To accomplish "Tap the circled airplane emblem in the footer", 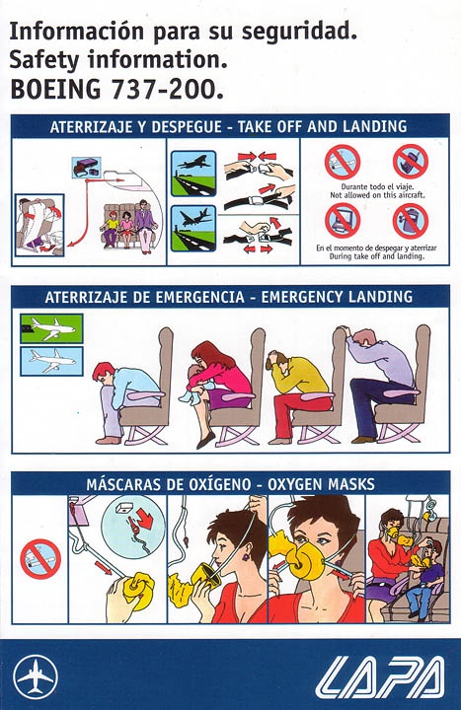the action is coord(36,676).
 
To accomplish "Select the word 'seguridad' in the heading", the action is coord(299,33).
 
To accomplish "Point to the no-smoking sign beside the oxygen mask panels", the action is coord(40,558).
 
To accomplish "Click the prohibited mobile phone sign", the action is coord(411,162).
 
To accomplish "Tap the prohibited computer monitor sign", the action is coord(343,221).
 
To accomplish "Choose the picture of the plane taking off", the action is coord(193,174).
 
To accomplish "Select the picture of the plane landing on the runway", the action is coord(193,229).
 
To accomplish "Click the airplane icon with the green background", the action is coord(51,328).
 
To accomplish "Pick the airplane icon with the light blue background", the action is coord(51,361).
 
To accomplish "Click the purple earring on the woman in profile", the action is coord(246,555).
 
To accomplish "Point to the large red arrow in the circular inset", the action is coord(145,518).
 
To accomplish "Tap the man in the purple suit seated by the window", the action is coord(145,225).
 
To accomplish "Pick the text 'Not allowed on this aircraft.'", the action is coord(377,195).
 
